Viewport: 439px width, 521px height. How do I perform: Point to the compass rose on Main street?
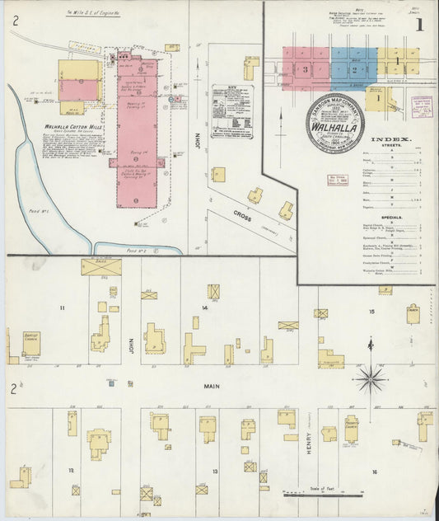[370, 380]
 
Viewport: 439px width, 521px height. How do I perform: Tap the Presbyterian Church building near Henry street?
[351, 432]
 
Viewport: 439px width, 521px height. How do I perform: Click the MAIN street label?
[212, 385]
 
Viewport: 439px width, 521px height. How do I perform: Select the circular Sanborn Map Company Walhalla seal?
[334, 122]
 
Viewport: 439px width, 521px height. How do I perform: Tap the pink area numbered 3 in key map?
[306, 68]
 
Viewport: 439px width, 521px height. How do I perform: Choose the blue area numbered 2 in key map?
[353, 68]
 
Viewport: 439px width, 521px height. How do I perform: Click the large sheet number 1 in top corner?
[419, 25]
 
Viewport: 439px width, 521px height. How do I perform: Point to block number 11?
[61, 307]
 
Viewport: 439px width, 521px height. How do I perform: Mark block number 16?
[374, 472]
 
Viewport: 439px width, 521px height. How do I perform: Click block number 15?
[371, 312]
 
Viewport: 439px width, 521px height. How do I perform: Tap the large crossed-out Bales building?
[100, 267]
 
